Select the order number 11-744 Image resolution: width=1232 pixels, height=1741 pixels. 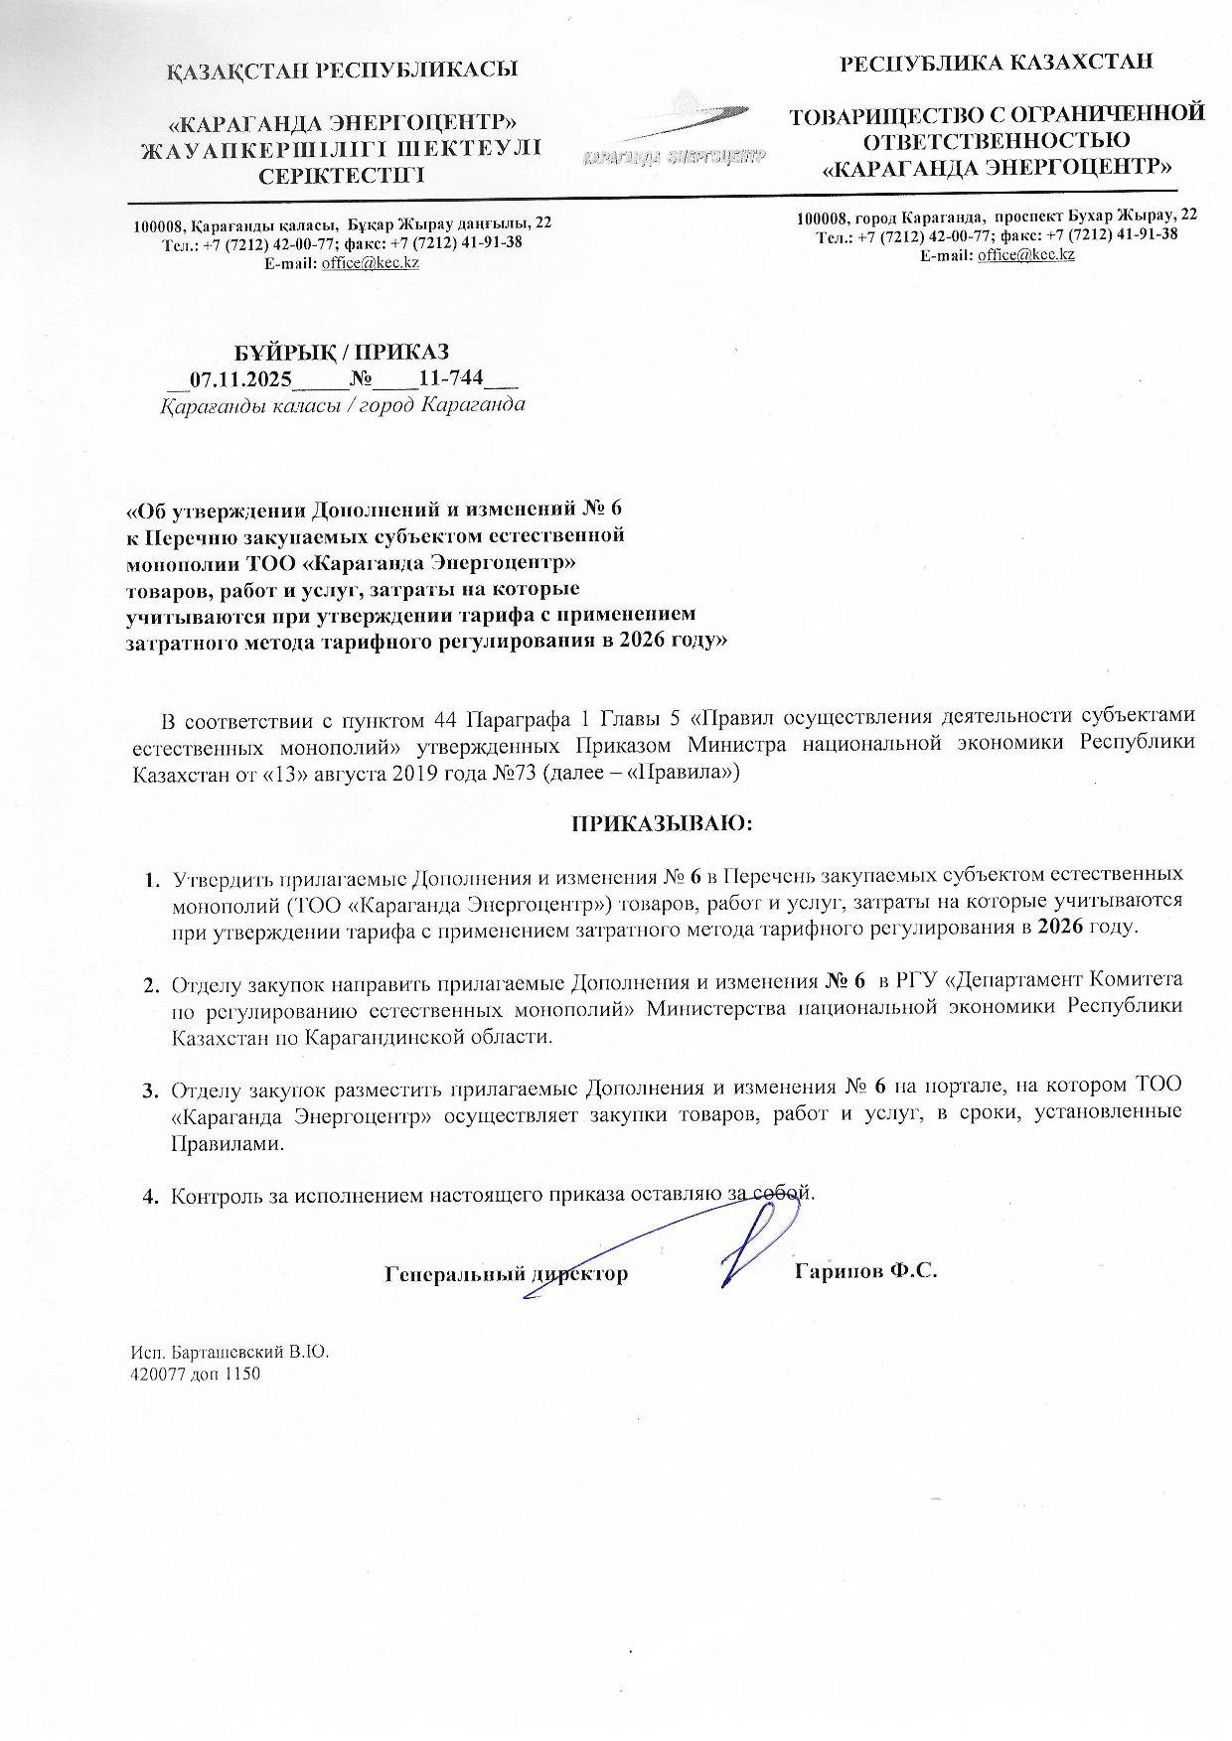[450, 378]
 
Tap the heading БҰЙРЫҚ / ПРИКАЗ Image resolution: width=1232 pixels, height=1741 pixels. [342, 352]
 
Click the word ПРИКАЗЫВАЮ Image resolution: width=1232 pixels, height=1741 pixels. [661, 823]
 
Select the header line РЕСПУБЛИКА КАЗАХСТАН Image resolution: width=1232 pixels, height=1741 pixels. [997, 64]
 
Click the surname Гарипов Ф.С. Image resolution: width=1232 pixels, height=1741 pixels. [866, 1272]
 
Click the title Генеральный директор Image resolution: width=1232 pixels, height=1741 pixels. [506, 1273]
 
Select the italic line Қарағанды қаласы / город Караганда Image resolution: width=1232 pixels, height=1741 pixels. [344, 405]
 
